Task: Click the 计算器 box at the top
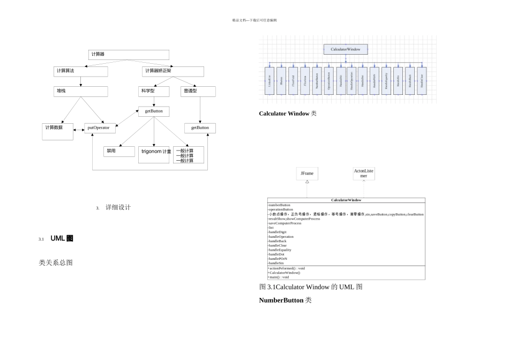point(129,55)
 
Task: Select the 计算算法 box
point(80,71)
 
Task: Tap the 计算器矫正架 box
point(173,71)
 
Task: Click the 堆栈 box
point(80,92)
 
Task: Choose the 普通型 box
point(198,92)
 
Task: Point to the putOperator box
point(100,128)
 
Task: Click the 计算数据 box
point(58,131)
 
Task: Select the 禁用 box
point(119,151)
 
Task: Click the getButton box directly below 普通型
point(200,128)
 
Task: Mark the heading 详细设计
point(118,207)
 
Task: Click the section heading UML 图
point(62,238)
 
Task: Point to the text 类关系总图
point(56,262)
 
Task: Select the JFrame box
point(307,174)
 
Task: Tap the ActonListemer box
point(364,174)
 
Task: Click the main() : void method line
point(279,277)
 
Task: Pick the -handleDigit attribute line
point(278,232)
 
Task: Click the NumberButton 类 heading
point(285,301)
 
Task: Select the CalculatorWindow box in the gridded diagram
point(346,49)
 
